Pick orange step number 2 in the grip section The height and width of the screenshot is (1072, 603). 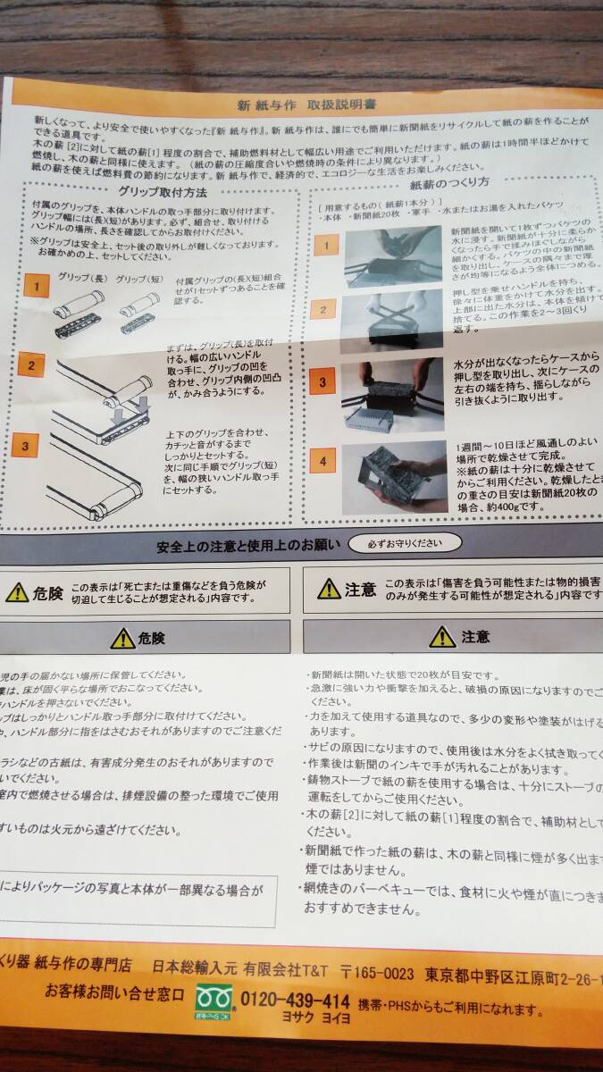[32, 364]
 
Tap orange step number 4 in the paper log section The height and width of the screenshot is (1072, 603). [322, 462]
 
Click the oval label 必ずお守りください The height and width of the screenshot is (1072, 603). [405, 542]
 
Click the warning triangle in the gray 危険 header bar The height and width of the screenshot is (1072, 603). [122, 638]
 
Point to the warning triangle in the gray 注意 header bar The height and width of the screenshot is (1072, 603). [441, 636]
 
